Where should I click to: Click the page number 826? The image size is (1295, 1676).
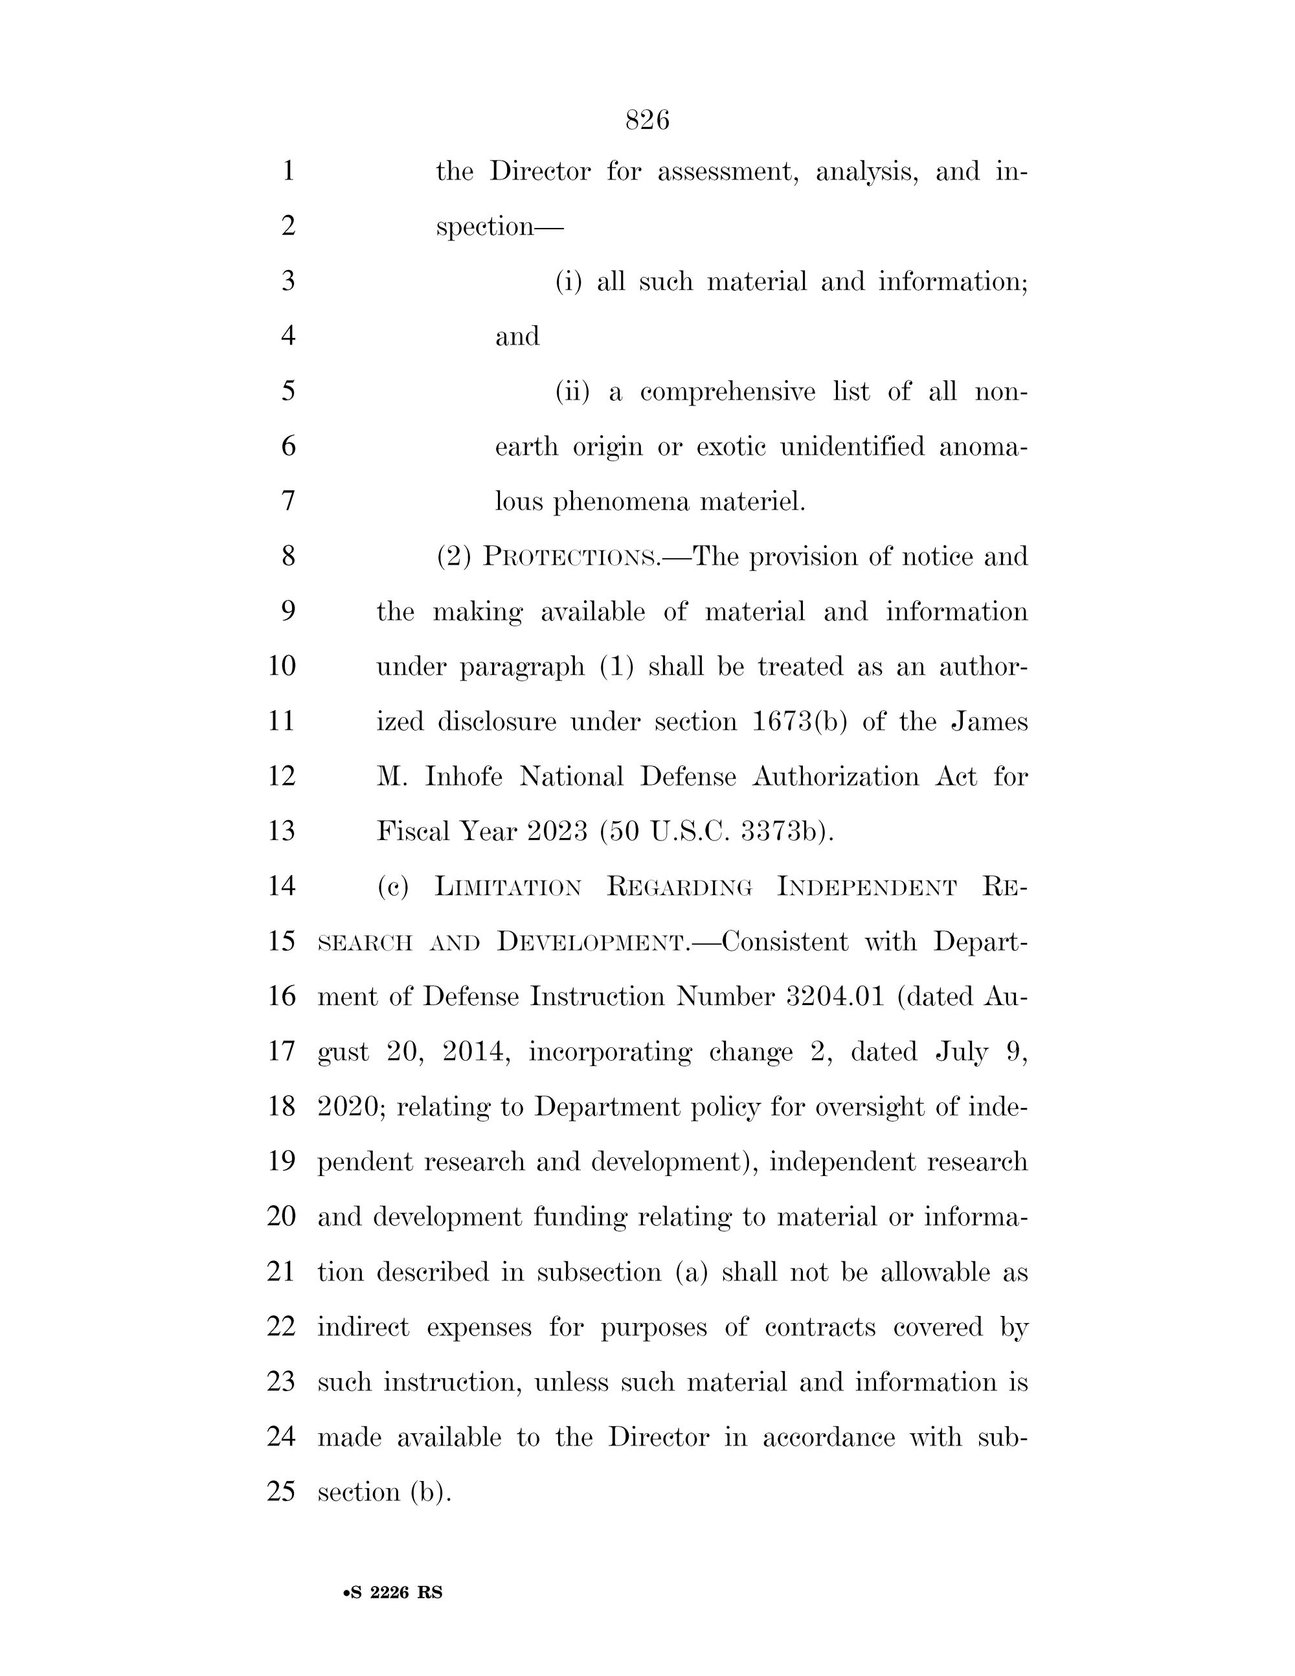pyautogui.click(x=647, y=120)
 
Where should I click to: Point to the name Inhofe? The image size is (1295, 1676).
pyautogui.click(x=464, y=776)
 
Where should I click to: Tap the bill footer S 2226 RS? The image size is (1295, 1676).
pyautogui.click(x=394, y=1592)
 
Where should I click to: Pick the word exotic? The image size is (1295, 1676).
pyautogui.click(x=730, y=447)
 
